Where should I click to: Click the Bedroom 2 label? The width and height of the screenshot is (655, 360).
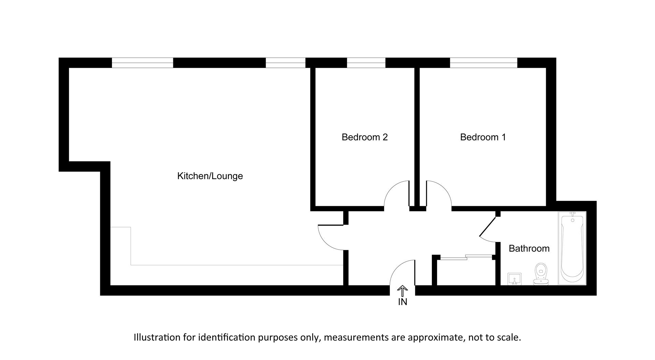point(364,137)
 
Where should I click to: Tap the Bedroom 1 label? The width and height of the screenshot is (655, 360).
point(483,137)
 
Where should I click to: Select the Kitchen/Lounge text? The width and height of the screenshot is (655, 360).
point(210,176)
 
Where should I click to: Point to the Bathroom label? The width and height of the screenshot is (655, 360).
point(529,249)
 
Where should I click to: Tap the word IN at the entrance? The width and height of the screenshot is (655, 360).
point(403,302)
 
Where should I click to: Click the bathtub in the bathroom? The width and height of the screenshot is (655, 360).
point(572,248)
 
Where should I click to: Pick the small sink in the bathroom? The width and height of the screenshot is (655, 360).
point(514,279)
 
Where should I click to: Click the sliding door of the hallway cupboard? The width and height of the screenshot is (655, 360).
point(466,257)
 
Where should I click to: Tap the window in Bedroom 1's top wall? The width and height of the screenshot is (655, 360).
point(483,63)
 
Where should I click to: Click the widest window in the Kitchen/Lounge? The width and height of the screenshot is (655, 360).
point(143,63)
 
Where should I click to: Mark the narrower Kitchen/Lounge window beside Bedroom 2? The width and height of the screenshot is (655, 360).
point(285,63)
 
